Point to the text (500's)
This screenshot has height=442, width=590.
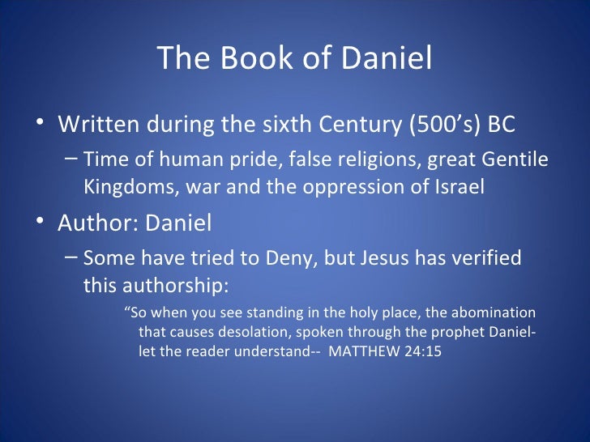[x=438, y=127]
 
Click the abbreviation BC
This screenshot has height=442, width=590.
[x=499, y=127]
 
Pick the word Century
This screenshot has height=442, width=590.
[x=350, y=127]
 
